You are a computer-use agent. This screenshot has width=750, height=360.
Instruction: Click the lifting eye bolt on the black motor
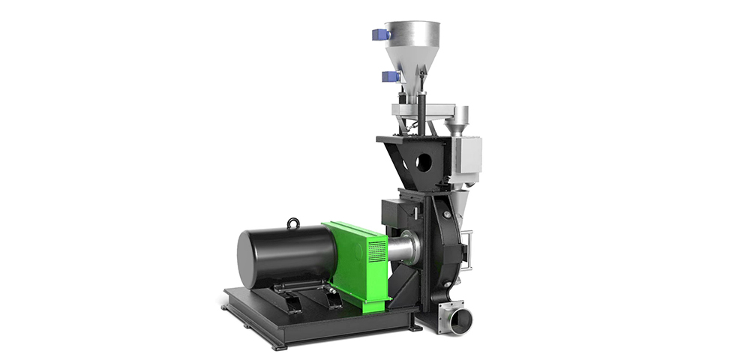click(293, 223)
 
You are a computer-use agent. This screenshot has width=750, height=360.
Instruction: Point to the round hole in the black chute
click(424, 160)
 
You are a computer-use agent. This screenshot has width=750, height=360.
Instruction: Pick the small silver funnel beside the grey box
click(460, 118)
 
